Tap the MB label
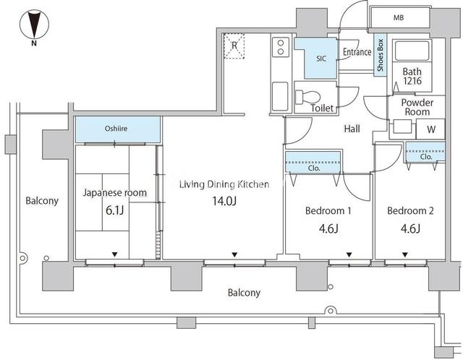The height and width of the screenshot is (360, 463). [399, 17]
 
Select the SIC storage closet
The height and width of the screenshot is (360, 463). [316, 58]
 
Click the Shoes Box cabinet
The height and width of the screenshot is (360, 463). [381, 55]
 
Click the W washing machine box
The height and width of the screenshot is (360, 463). [430, 129]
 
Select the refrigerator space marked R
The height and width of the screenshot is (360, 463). [234, 46]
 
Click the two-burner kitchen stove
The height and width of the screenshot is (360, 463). [281, 47]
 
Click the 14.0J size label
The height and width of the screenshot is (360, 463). [224, 201]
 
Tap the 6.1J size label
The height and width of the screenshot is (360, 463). [114, 210]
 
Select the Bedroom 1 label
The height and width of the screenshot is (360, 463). [328, 210]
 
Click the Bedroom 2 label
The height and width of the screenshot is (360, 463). [410, 210]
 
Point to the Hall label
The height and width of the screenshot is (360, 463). [352, 129]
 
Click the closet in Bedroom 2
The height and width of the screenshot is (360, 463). [425, 153]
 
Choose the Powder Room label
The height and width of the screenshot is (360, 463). [417, 107]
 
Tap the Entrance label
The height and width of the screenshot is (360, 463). [357, 52]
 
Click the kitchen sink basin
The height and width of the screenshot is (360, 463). [280, 96]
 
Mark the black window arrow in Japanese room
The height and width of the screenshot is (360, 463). [115, 254]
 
